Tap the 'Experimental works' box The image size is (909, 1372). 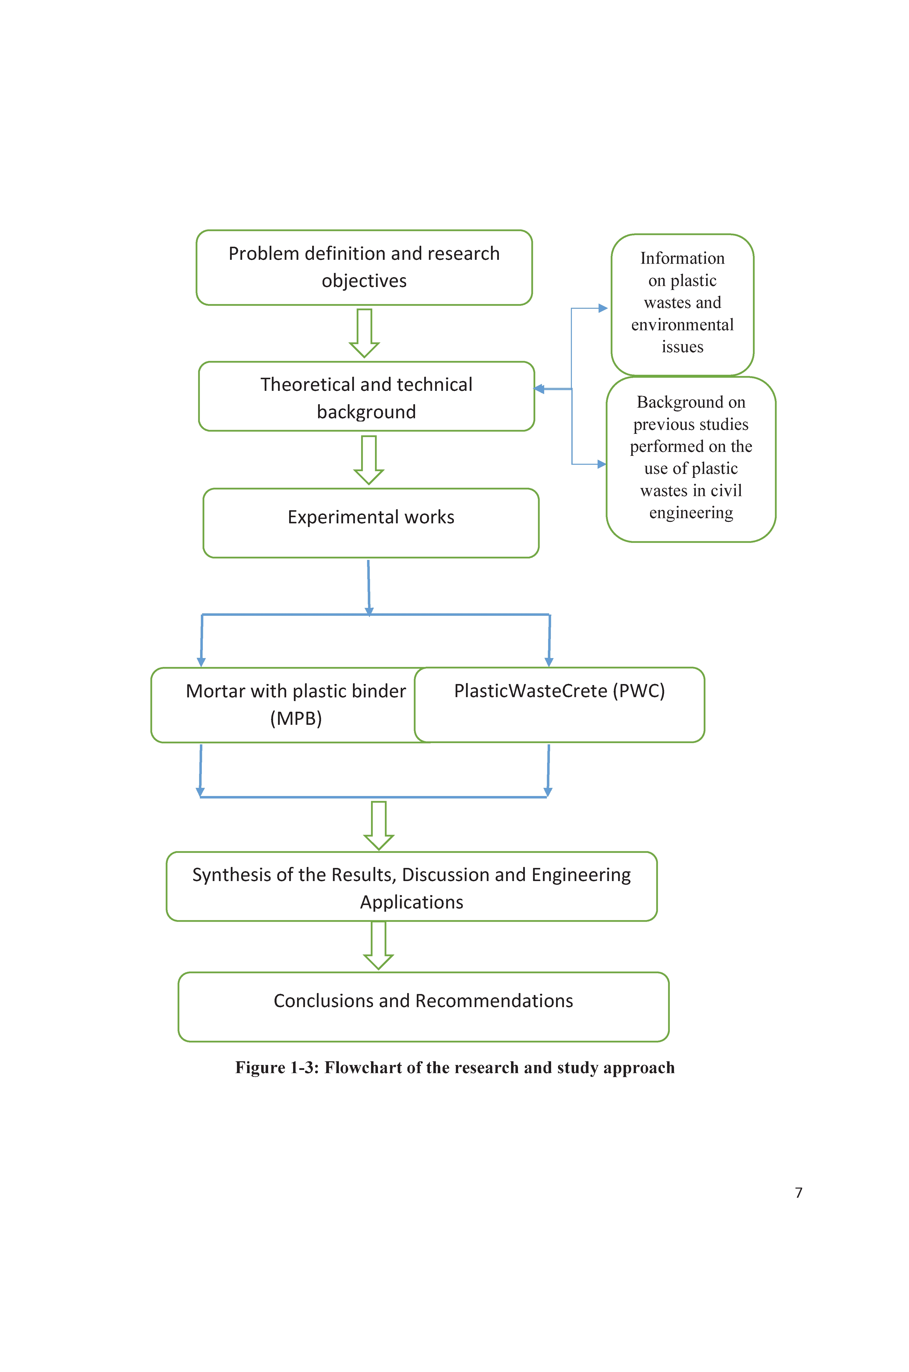(371, 523)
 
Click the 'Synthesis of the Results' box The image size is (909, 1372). (412, 886)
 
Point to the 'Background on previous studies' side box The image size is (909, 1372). (691, 460)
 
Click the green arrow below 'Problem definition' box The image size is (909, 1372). (364, 333)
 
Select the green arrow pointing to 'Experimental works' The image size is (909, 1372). (369, 460)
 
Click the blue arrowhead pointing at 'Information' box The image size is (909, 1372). (603, 308)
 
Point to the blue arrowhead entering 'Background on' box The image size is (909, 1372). (602, 464)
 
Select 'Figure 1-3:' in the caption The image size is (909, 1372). (277, 1068)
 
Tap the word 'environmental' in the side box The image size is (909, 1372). (682, 325)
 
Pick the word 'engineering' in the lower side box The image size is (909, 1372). (691, 513)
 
